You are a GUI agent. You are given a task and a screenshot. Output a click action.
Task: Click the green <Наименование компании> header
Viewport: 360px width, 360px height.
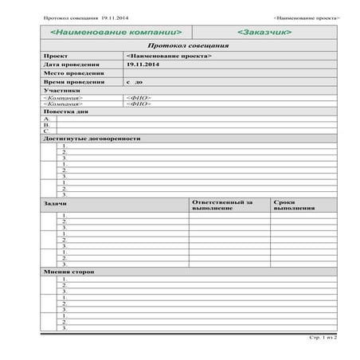tap(115, 33)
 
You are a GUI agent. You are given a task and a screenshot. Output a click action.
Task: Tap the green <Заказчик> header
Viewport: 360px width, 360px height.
tap(264, 33)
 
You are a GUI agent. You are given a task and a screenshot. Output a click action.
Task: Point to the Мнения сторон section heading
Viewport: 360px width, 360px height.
tap(68, 272)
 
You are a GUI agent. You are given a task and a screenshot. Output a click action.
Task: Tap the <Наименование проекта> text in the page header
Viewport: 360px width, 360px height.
tap(306, 17)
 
